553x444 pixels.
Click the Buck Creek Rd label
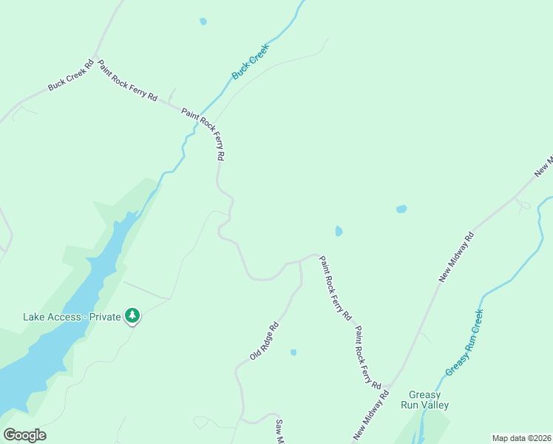pyautogui.click(x=71, y=75)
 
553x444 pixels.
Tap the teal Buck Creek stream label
pyautogui.click(x=251, y=62)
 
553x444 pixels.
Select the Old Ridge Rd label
pyautogui.click(x=264, y=341)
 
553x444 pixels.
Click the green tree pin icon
pyautogui.click(x=132, y=316)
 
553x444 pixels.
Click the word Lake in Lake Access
pyautogui.click(x=34, y=317)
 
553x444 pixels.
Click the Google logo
pyautogui.click(x=24, y=435)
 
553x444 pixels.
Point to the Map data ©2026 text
pyautogui.click(x=521, y=438)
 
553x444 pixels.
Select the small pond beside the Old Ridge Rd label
pyautogui.click(x=294, y=352)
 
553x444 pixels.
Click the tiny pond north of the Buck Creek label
pyautogui.click(x=203, y=21)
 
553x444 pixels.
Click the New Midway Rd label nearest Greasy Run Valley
pyautogui.click(x=371, y=416)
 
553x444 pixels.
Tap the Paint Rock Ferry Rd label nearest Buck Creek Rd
pyautogui.click(x=127, y=81)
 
